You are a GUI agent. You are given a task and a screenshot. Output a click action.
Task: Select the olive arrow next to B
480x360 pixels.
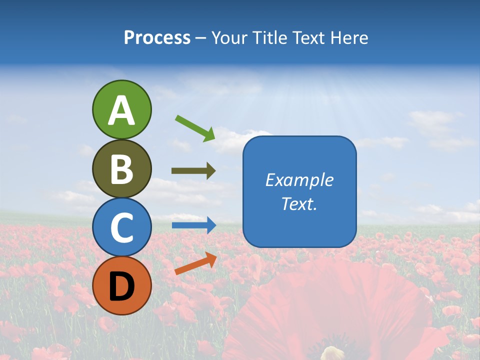pyautogui.click(x=193, y=171)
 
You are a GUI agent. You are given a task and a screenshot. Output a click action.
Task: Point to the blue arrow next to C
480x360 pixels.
pyautogui.click(x=194, y=225)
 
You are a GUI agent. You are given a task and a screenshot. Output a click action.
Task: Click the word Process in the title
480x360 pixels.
pyautogui.click(x=157, y=38)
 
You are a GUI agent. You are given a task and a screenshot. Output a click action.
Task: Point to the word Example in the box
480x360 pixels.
pyautogui.click(x=299, y=180)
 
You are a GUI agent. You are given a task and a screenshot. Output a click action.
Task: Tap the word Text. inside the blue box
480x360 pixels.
pyautogui.click(x=299, y=204)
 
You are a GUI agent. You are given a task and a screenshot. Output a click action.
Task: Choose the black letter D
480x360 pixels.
pyautogui.click(x=121, y=286)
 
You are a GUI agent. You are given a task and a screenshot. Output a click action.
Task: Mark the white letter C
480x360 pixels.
pyautogui.click(x=121, y=227)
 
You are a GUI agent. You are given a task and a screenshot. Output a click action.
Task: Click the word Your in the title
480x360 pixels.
pyautogui.click(x=229, y=38)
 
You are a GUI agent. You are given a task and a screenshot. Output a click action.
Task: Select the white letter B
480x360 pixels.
pyautogui.click(x=121, y=169)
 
